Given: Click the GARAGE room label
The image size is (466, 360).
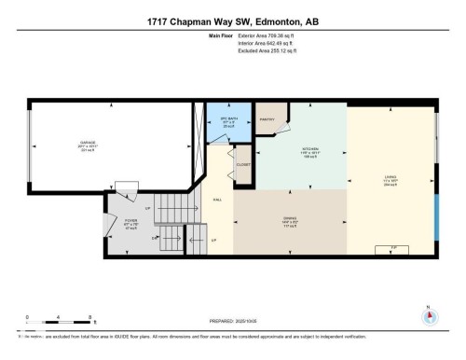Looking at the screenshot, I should (x=62, y=143).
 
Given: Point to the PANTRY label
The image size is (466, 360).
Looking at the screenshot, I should (x=266, y=119).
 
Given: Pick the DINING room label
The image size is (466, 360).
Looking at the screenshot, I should (x=290, y=218).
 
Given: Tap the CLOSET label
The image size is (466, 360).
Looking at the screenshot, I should (x=244, y=164).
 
